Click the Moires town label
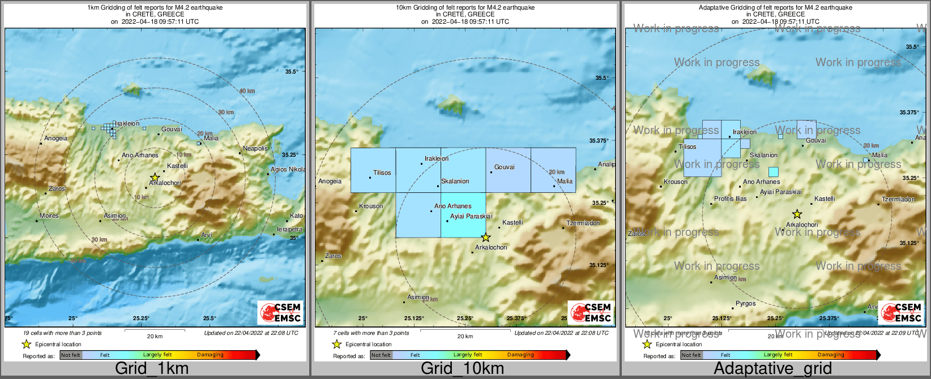[x=49, y=216]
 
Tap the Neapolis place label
[x=255, y=148]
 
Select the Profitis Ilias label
[x=730, y=199]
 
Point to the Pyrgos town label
[x=745, y=303]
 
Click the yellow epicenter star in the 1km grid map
[x=155, y=178]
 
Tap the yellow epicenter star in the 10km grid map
[x=485, y=238]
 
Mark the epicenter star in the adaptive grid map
[x=797, y=214]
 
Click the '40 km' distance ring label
[x=247, y=91]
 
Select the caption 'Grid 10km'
[x=462, y=369]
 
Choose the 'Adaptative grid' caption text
[x=772, y=369]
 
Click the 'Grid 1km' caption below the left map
[x=151, y=369]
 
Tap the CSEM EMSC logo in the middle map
[x=591, y=312]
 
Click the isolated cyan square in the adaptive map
[x=773, y=172]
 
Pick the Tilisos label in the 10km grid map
[x=382, y=173]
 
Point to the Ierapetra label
[x=289, y=229]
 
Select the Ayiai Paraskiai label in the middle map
[x=471, y=216]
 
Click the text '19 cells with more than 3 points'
[x=63, y=333]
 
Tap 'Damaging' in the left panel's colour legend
[x=210, y=355]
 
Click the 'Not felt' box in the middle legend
[x=381, y=355]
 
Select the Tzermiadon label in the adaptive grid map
[x=898, y=199]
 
